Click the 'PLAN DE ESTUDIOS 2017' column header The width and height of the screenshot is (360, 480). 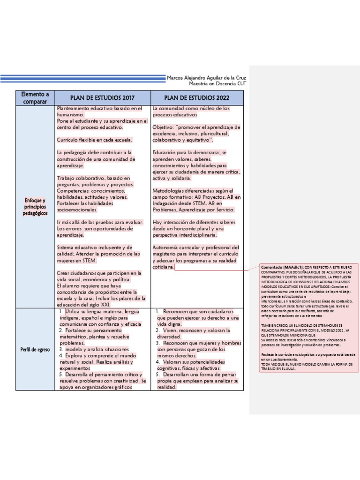coord(102,98)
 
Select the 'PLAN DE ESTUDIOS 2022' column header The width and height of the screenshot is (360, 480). coord(196,98)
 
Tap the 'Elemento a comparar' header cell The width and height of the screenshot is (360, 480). coord(35,97)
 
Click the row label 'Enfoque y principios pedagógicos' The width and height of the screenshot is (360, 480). coord(35,207)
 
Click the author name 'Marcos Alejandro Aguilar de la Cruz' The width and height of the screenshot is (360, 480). coord(206,78)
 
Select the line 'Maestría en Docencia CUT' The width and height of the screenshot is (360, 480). coord(217,83)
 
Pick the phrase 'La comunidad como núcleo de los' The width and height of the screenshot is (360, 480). coord(191,108)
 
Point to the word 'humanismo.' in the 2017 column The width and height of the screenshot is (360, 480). coord(70,114)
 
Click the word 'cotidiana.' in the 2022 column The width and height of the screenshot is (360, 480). coord(163,267)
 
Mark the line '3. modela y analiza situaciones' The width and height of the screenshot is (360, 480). coord(94,349)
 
